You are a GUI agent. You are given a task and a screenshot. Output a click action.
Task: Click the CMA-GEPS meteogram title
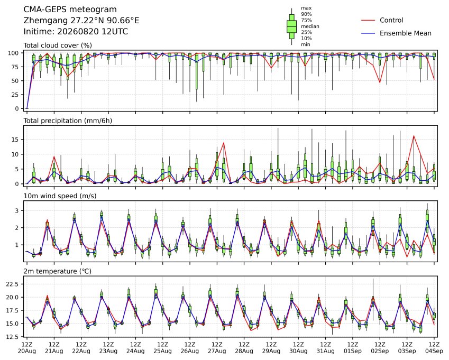coord(70,10)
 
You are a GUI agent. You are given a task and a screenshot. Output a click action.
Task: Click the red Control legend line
coord(368,20)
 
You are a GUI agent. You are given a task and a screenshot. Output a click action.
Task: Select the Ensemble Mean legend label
coord(406,33)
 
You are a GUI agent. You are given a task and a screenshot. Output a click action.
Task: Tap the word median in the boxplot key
coord(310,26)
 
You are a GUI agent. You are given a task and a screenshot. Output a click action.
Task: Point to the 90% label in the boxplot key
coord(306,14)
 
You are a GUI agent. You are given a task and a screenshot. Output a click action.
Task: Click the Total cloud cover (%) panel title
coord(58,45)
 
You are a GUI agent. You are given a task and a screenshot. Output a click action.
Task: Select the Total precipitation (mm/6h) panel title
coord(68,121)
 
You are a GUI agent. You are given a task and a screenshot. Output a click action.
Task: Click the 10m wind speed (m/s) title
coord(60,196)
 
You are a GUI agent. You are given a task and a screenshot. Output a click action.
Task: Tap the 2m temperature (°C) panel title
coord(57,271)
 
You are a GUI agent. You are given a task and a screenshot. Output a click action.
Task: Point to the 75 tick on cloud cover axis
coord(15,67)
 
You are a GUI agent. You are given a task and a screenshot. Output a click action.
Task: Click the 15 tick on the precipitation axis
coord(15,140)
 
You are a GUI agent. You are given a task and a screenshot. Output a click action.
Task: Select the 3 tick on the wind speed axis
coord(17,210)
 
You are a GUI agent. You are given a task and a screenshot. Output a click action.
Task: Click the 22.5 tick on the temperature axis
coord(13,284)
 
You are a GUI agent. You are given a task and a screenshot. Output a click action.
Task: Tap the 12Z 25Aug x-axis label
coord(163,347)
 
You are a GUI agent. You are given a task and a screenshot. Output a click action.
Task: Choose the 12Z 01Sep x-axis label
coord(353,347)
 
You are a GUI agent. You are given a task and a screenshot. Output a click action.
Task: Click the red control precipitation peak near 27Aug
coord(224,143)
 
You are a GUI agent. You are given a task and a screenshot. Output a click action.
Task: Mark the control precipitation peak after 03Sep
coord(414,136)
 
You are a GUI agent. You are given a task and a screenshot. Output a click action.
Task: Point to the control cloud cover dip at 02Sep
coord(380,82)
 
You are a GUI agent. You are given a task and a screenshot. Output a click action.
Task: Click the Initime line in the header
coord(76,32)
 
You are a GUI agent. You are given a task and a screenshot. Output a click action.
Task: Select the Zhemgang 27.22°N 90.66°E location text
coord(81,21)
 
